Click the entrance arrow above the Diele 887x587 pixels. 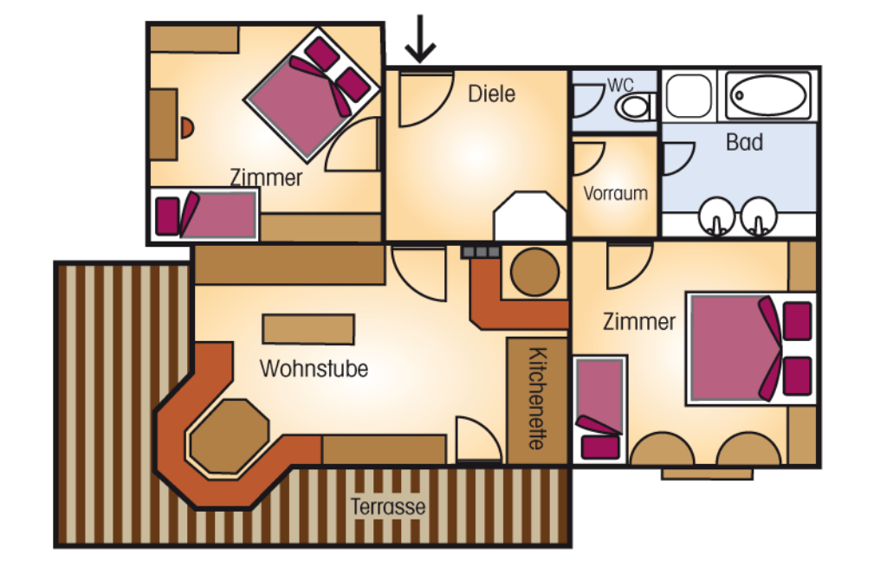(x=420, y=39)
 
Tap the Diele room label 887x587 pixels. (x=491, y=94)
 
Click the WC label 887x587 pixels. (x=620, y=85)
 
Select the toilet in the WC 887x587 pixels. (x=636, y=107)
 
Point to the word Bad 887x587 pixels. (x=743, y=143)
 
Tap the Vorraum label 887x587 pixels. (x=615, y=193)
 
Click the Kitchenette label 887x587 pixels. (x=536, y=398)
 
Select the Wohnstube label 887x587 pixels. (x=314, y=369)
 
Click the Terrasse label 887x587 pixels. (x=388, y=506)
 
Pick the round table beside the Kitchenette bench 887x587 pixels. (x=534, y=273)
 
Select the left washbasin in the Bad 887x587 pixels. (x=717, y=214)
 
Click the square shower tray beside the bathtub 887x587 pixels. (x=689, y=94)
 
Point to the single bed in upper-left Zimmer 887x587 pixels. (x=206, y=216)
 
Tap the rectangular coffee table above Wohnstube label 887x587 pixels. (x=308, y=329)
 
